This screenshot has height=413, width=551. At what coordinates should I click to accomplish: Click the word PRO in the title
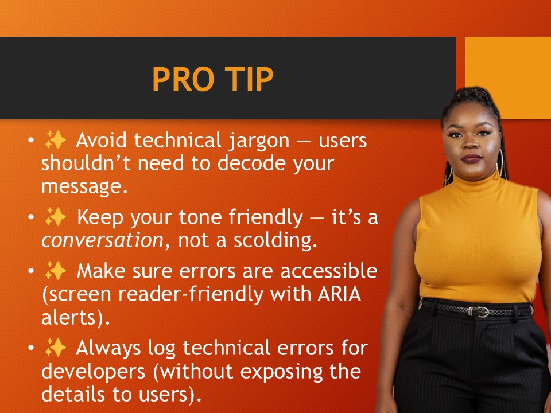click(x=181, y=80)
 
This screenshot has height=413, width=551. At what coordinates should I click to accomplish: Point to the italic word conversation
click(x=102, y=241)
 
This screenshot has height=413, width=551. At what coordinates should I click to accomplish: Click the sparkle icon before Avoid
click(x=55, y=140)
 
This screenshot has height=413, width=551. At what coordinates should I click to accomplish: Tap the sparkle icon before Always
click(x=55, y=348)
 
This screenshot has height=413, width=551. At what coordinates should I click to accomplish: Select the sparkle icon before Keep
click(x=55, y=218)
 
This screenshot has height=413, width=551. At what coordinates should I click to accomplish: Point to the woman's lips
click(x=472, y=159)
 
